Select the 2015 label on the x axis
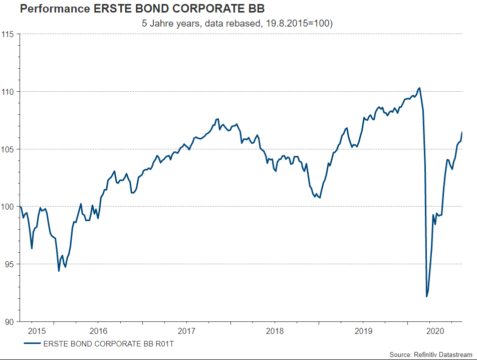(37, 331)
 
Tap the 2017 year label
(186, 331)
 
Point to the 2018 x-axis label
(275, 331)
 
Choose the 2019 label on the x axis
(363, 331)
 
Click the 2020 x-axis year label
(435, 331)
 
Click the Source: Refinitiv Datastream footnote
(431, 354)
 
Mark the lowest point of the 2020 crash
(427, 297)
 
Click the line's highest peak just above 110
(419, 88)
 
